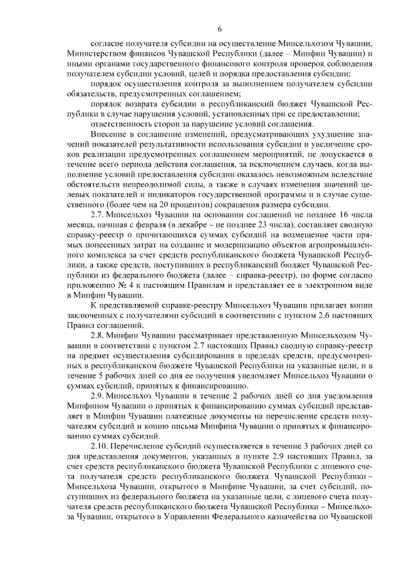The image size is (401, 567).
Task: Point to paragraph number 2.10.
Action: click(101, 445)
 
